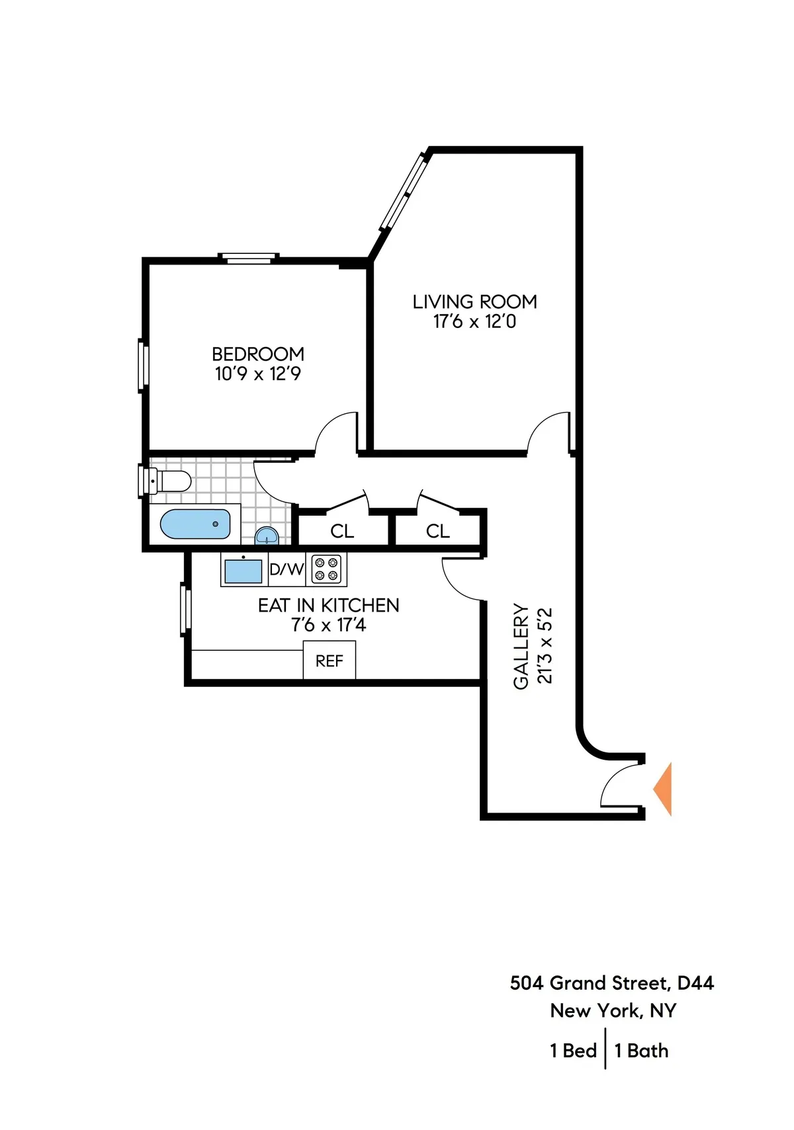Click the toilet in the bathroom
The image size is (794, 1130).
coord(167,481)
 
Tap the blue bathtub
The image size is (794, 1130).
coord(195,524)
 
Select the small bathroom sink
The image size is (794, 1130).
coord(266,535)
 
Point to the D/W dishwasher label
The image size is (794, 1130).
coord(287,569)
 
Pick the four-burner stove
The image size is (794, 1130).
coord(326,569)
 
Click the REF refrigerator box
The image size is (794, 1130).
coord(330,661)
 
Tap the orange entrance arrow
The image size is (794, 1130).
coord(664,789)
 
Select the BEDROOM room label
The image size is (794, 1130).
coord(258,354)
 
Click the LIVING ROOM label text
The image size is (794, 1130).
coord(474,302)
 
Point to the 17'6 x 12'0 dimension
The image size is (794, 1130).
coord(474,322)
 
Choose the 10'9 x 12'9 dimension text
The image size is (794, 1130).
coord(258,374)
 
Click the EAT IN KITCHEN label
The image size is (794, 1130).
coord(328,606)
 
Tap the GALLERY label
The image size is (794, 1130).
coord(521,646)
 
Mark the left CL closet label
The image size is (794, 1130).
coord(342,531)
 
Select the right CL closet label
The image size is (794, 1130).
coord(438,531)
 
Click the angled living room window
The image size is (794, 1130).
coord(403,192)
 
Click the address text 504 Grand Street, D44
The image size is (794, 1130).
coord(612,983)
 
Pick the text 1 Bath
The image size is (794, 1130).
coord(641,1051)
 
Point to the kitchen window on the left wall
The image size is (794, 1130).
coord(186,610)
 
